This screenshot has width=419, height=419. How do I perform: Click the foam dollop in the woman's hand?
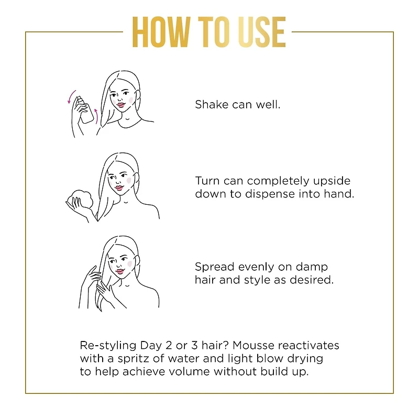point(78,197)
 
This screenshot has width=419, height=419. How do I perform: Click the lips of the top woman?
point(122,104)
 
